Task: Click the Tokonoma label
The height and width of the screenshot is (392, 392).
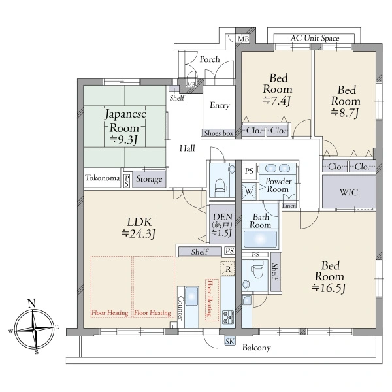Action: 103,178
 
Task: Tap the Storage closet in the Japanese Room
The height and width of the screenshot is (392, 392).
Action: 149,179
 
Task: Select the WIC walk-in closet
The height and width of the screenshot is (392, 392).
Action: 349,192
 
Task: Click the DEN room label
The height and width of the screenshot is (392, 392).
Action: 223,216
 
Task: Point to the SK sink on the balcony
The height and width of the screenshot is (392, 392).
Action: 230,341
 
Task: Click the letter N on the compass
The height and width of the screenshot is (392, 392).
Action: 31,303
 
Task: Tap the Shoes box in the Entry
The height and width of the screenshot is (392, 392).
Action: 218,133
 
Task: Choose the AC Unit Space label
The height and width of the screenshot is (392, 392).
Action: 315,39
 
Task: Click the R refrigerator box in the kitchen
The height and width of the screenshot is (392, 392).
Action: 228,269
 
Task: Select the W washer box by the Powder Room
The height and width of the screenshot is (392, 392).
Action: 249,191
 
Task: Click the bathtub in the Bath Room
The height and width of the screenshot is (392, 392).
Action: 260,239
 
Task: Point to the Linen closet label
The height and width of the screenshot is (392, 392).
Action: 289,206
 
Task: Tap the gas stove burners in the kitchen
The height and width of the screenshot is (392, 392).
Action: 228,318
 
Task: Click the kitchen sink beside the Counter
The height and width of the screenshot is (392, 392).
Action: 191,296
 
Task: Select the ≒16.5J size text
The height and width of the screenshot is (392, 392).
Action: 329,288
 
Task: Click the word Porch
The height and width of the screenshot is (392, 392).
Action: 210,59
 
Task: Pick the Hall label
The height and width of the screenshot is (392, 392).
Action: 187,148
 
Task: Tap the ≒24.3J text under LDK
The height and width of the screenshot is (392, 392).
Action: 139,233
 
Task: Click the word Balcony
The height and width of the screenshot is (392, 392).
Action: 257,348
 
